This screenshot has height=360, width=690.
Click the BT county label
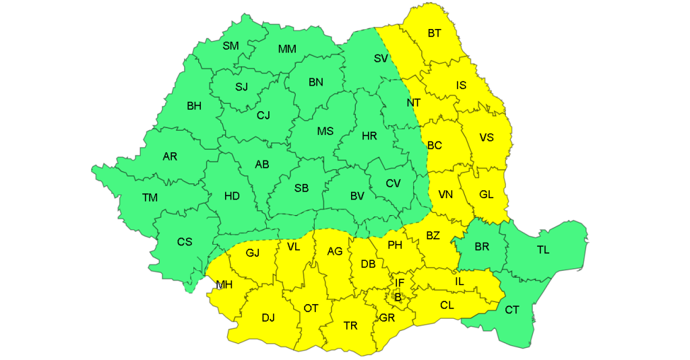point(435,33)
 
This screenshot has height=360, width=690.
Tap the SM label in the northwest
point(230,46)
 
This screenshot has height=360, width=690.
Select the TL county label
point(543,250)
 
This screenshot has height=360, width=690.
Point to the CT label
point(512,309)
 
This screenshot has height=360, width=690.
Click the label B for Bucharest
point(398,297)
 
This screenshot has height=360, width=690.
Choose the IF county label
point(400,282)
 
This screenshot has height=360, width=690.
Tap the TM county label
point(150,198)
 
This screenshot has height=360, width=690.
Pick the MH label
point(224,284)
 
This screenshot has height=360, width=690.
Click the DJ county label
point(268,318)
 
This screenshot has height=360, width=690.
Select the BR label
point(482,247)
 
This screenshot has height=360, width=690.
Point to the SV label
point(381,59)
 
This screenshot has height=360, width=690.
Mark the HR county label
point(369,136)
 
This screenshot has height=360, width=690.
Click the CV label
point(393,183)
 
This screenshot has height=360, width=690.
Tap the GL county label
point(487,195)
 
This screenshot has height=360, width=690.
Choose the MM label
point(287,49)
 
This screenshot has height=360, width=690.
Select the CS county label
point(185,241)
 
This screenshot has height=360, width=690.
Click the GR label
point(387,318)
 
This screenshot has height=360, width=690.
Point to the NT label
point(413,103)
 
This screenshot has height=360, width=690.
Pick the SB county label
point(301,188)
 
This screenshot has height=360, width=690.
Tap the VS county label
point(487,138)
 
